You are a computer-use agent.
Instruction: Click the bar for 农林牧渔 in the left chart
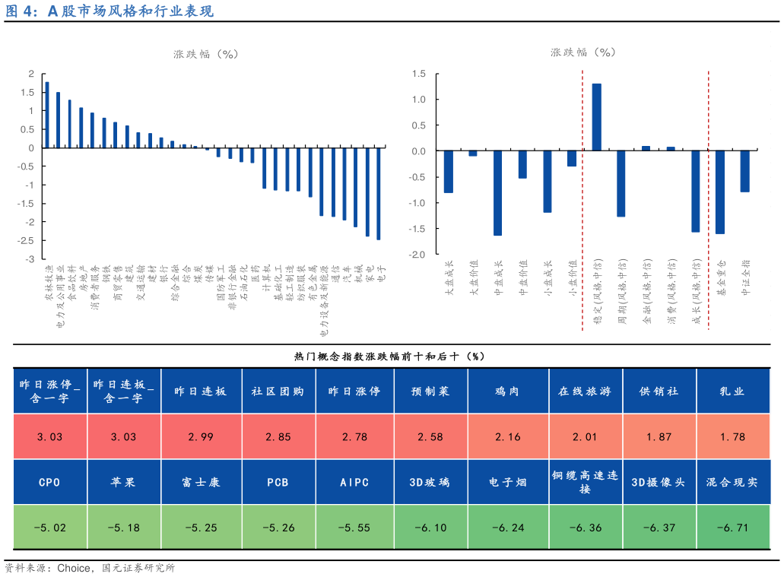tap(47, 115)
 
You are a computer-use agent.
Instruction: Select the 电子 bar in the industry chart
tap(379, 194)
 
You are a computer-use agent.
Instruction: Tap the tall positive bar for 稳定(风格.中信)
tap(597, 117)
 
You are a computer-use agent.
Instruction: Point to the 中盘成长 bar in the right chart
tap(497, 193)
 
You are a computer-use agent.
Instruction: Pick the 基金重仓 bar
tap(720, 192)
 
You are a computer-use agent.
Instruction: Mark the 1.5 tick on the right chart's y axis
tap(418, 74)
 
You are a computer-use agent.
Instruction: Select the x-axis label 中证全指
tap(744, 277)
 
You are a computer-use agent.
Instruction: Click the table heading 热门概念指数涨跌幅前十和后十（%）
tap(389, 356)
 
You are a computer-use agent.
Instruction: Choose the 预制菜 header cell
tap(430, 392)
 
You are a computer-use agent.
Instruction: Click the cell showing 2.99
tap(201, 436)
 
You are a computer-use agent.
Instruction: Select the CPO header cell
tap(49, 483)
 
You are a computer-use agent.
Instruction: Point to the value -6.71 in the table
tap(732, 528)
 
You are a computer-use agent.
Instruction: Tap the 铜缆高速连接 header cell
tap(584, 483)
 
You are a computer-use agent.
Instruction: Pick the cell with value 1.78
tap(732, 436)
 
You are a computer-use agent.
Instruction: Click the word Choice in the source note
tap(73, 568)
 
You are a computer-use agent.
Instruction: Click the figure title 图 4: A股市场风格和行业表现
tap(110, 11)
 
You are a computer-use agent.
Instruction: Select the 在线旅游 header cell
tap(584, 392)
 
